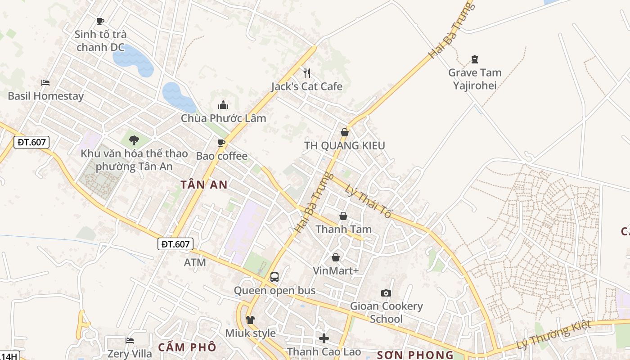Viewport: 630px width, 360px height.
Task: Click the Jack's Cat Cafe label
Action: pos(306,86)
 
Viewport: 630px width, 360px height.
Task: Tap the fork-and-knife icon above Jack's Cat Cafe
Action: pos(307,73)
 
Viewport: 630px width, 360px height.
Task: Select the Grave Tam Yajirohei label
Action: pos(474,79)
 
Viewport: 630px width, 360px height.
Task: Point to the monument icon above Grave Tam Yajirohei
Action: pos(474,59)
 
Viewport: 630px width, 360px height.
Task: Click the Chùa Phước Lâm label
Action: pos(223,118)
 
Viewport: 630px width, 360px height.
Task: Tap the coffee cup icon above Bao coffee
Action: pos(221,143)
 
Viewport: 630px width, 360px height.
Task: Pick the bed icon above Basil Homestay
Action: pos(45,82)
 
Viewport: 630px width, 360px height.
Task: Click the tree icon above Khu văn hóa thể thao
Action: pos(134,140)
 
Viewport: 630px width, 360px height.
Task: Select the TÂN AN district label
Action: pos(204,184)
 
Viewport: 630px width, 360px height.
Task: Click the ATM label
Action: pos(195,262)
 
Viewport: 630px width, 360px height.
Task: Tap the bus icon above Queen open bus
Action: pos(274,277)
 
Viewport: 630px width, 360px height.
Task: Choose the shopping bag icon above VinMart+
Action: pos(336,257)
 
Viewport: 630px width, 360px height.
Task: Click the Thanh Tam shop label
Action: pos(343,229)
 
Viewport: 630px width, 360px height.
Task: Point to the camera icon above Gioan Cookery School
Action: pos(386,293)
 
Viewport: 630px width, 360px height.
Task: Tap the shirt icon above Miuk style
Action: pos(250,319)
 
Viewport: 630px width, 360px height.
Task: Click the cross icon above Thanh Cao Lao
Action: pos(324,338)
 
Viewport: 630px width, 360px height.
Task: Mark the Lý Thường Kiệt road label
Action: pos(553,335)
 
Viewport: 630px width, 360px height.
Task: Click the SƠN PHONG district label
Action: pos(415,355)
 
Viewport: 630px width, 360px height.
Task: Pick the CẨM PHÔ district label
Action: pos(187,347)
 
